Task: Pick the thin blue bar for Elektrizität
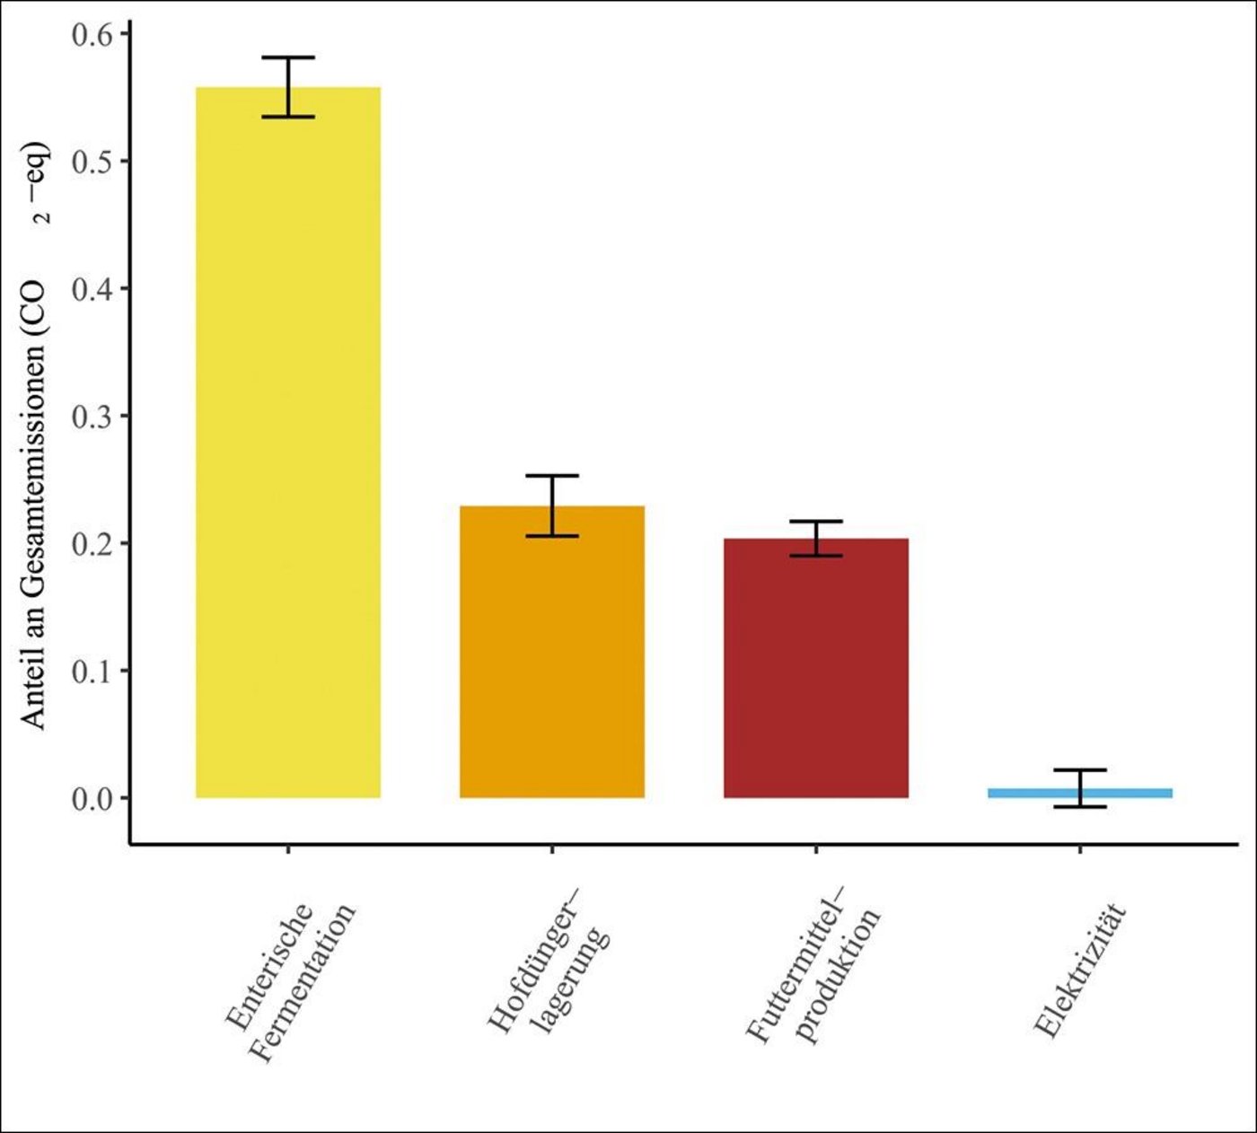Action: (1080, 793)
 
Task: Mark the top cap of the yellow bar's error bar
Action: (288, 57)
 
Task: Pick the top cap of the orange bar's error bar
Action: (552, 476)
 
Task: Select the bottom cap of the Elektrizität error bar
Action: (1080, 807)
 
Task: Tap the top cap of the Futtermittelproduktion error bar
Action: (816, 522)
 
